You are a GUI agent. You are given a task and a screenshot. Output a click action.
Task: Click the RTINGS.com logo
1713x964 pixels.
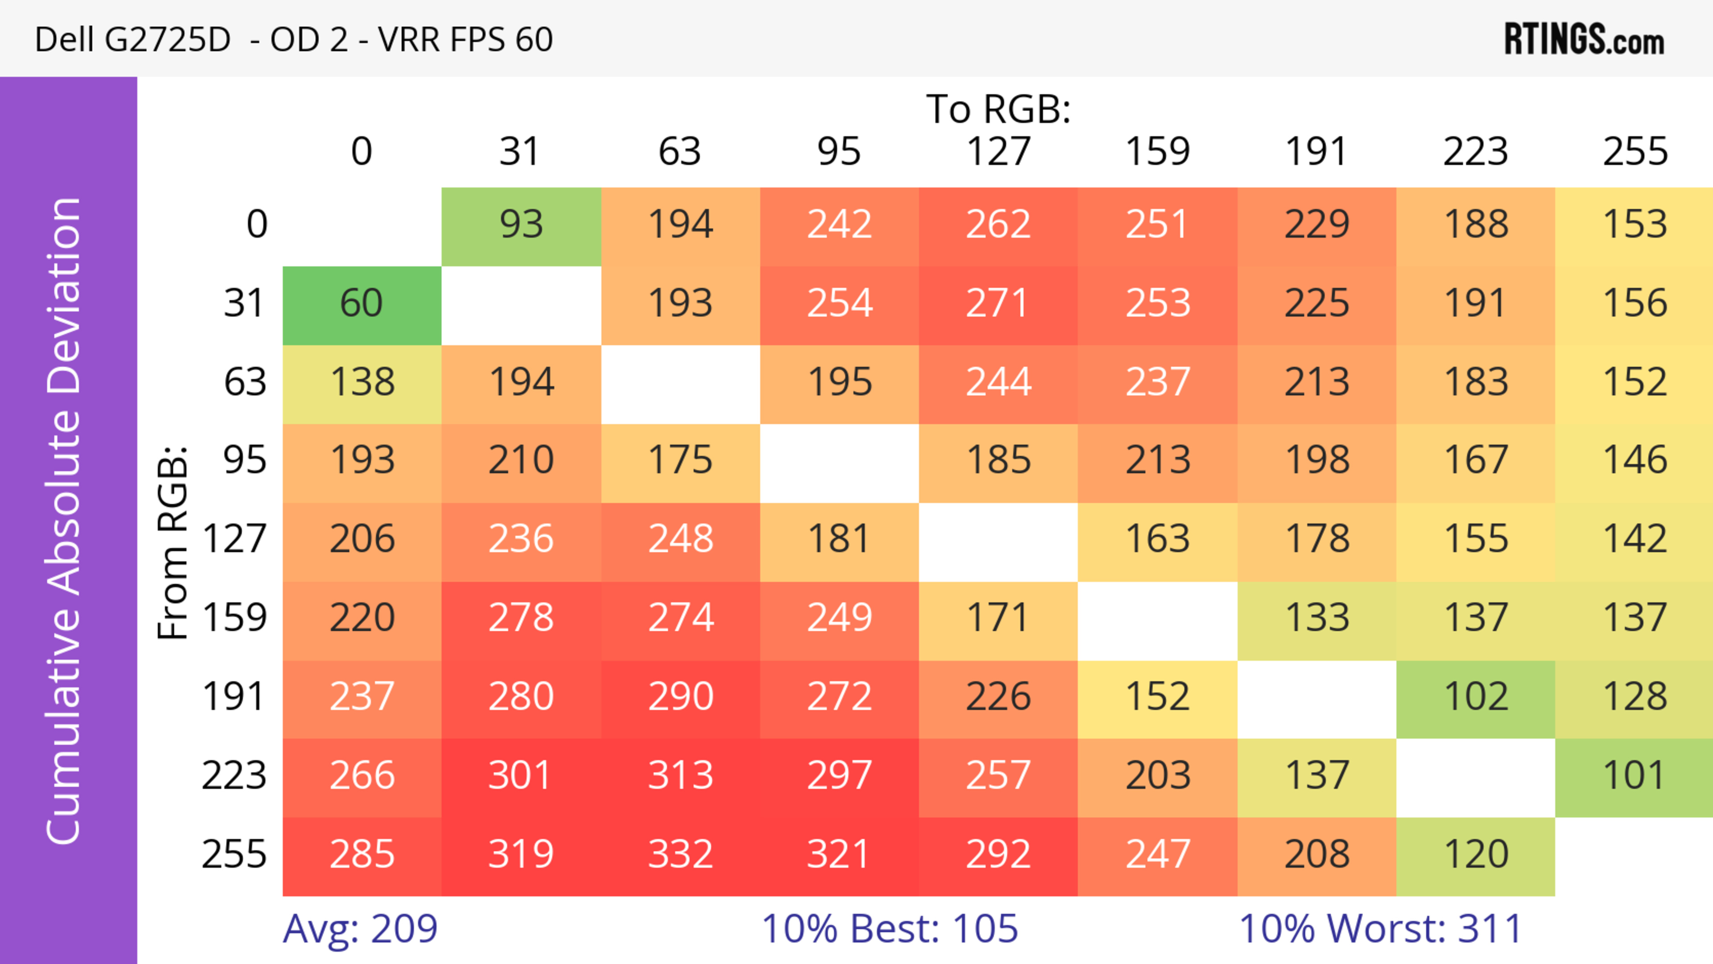pyautogui.click(x=1584, y=39)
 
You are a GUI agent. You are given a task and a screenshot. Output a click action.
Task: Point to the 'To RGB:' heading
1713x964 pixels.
pyautogui.click(x=998, y=109)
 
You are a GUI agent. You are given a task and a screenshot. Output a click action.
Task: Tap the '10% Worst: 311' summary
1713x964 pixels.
pyautogui.click(x=1381, y=929)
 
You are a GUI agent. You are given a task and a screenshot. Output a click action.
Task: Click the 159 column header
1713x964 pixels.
pyautogui.click(x=1157, y=152)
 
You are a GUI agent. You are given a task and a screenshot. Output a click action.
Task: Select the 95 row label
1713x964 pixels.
pyautogui.click(x=245, y=459)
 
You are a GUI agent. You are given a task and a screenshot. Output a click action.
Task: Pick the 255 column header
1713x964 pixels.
pyautogui.click(x=1634, y=152)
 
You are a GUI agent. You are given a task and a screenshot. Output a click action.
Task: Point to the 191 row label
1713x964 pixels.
pyautogui.click(x=234, y=697)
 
